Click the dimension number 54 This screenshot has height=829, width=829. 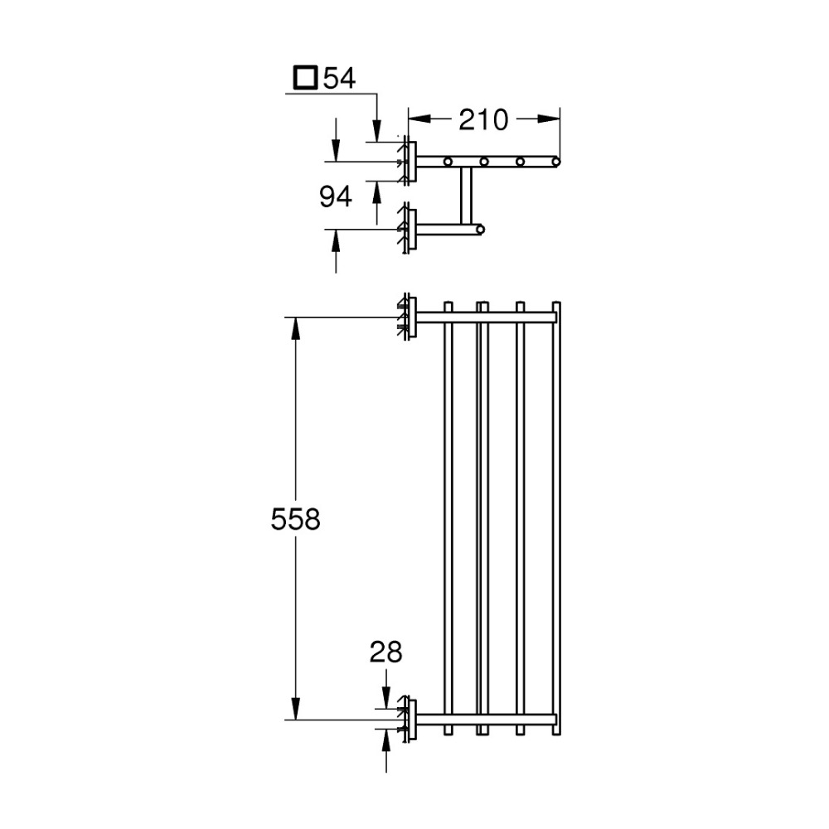(339, 78)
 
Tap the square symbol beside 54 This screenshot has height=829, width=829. (306, 78)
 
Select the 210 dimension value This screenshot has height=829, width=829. (483, 120)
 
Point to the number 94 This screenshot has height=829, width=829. (336, 196)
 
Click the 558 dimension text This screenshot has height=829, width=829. (296, 519)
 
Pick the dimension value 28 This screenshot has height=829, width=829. (386, 652)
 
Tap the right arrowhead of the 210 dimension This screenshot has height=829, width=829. (548, 119)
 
